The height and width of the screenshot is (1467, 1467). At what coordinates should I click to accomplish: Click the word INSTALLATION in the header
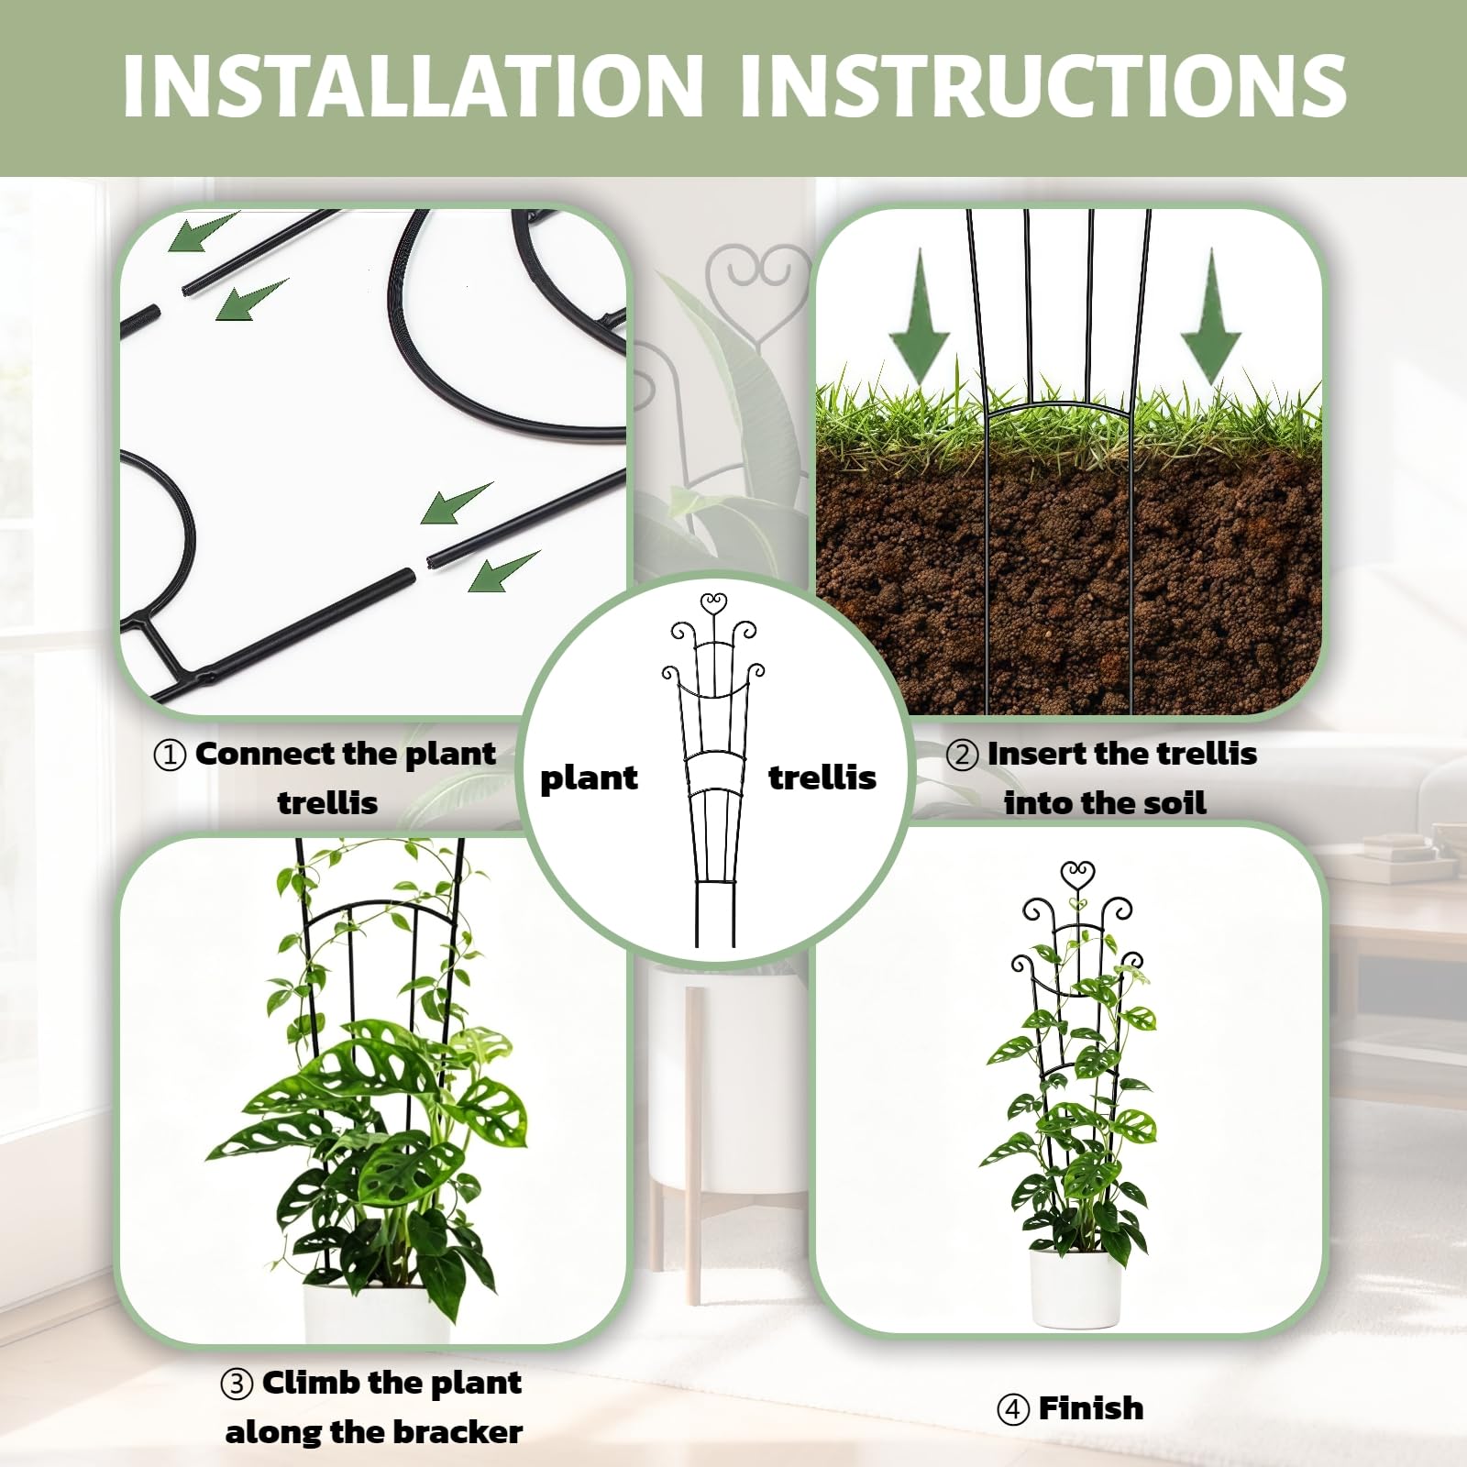pos(413,85)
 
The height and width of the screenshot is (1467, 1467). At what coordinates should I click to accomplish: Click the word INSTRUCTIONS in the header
pos(1042,85)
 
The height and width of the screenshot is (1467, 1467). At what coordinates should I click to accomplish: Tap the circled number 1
pos(170,756)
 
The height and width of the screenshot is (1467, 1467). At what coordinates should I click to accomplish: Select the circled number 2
pos(962,756)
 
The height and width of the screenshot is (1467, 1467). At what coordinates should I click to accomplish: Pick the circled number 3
pos(237,1384)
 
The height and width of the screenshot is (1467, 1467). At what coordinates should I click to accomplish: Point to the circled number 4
pos(1013,1409)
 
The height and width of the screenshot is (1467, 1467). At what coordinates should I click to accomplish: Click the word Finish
pos(1091,1408)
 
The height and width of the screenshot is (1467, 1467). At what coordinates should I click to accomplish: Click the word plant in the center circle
pos(589,779)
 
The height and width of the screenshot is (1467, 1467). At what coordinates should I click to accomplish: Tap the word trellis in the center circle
pos(822,778)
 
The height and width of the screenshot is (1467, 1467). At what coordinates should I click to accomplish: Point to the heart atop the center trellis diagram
pos(713,604)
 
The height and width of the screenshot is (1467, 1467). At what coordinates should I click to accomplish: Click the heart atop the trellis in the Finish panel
pos(1077,874)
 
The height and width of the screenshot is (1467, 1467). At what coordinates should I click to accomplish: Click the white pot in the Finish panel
pos(1075,1287)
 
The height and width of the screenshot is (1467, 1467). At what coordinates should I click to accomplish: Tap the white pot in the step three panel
pos(378,1313)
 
